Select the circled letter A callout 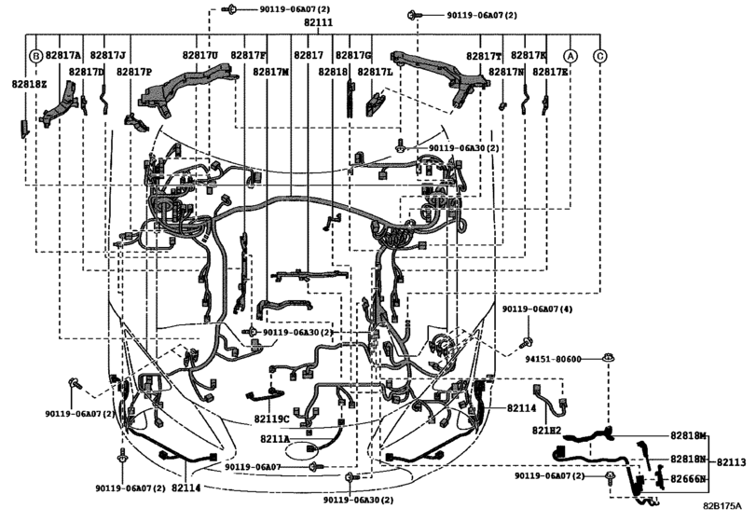coord(570,56)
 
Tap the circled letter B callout coord(35,56)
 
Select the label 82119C coord(272,419)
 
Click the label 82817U coord(199,56)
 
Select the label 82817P coord(134,71)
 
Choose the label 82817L coord(376,71)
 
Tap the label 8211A coord(275,438)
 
